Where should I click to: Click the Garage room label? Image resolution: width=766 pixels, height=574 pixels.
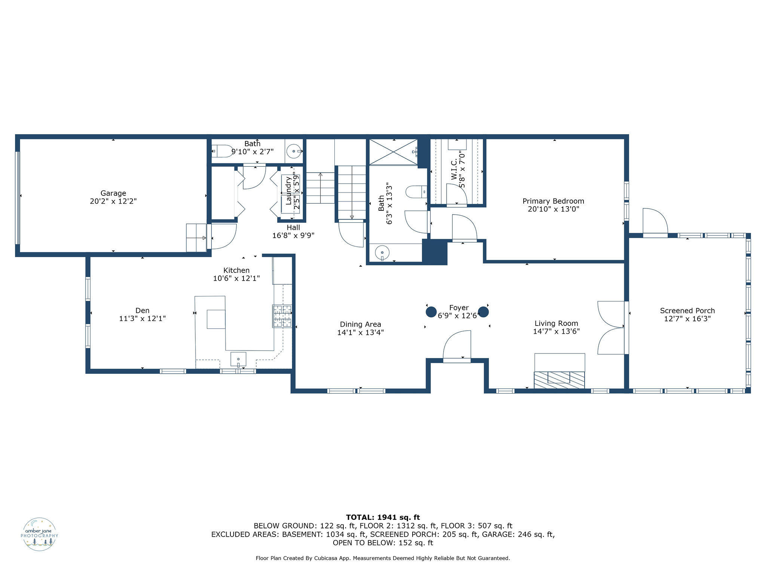(x=113, y=193)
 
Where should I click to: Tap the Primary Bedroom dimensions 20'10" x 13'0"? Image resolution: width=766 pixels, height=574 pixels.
(x=553, y=209)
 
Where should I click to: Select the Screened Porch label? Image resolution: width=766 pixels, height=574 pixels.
(x=687, y=311)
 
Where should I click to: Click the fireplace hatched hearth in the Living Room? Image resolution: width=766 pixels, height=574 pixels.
(x=559, y=380)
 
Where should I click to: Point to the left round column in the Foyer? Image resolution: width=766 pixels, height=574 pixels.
(x=431, y=312)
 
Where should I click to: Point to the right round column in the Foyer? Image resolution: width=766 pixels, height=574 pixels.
(x=483, y=312)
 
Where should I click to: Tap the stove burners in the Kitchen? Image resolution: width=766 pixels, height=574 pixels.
(x=282, y=316)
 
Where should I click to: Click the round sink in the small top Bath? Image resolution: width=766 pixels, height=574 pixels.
(x=294, y=151)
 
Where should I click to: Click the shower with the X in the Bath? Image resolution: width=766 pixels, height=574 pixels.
(x=393, y=152)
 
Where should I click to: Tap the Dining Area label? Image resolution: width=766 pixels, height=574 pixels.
(x=360, y=324)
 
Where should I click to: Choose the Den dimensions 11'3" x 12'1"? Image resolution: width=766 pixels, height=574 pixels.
(x=142, y=319)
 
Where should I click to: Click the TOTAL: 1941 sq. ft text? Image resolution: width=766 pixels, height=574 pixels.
(x=383, y=517)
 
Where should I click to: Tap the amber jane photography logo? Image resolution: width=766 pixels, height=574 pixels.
(x=40, y=534)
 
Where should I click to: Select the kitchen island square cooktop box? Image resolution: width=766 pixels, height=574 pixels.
(x=216, y=319)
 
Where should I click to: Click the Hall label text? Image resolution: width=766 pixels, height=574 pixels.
(x=293, y=227)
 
